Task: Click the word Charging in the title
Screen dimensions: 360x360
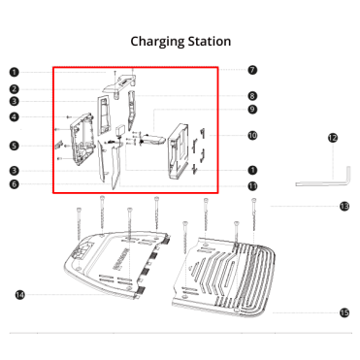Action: pyautogui.click(x=157, y=42)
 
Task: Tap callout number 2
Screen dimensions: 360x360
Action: pyautogui.click(x=14, y=89)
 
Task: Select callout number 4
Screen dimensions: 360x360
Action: pyautogui.click(x=14, y=116)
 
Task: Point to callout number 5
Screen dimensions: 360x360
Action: pyautogui.click(x=14, y=146)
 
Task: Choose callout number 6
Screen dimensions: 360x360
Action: pyautogui.click(x=14, y=184)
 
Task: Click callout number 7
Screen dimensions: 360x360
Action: pyautogui.click(x=252, y=70)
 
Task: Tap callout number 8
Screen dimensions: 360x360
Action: pyautogui.click(x=252, y=96)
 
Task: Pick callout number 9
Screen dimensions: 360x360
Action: pyautogui.click(x=252, y=110)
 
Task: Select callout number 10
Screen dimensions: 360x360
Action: pyautogui.click(x=252, y=135)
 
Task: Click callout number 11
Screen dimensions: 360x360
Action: pyautogui.click(x=252, y=186)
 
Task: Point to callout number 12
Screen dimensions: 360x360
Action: pyautogui.click(x=333, y=138)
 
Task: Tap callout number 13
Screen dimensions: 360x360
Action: pyautogui.click(x=344, y=206)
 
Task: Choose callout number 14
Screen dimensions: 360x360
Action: pyautogui.click(x=20, y=295)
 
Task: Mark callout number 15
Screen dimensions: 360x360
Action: pyautogui.click(x=344, y=312)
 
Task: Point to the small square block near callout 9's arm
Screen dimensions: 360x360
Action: pyautogui.click(x=121, y=130)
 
